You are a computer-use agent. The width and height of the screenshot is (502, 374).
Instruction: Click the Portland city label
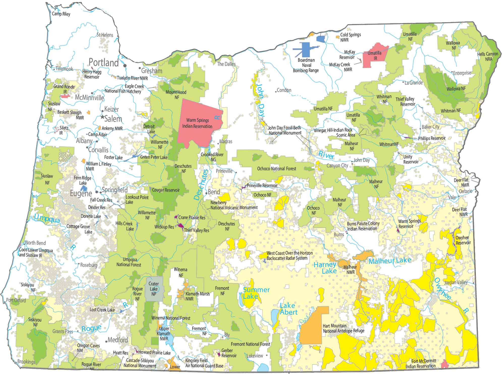tap(104, 63)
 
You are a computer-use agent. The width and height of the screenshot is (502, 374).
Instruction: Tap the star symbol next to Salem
tap(102, 117)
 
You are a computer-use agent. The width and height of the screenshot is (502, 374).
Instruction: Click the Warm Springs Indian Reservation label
tap(197, 123)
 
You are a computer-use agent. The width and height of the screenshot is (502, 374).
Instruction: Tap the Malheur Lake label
tap(390, 260)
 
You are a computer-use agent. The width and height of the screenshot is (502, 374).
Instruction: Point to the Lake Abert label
tap(288, 309)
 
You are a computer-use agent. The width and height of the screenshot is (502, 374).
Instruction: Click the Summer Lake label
tap(256, 293)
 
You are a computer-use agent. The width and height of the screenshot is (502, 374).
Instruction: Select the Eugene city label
tap(81, 194)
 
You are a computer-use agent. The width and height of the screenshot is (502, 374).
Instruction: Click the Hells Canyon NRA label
tap(488, 56)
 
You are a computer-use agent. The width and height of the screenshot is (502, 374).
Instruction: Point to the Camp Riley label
tap(61, 14)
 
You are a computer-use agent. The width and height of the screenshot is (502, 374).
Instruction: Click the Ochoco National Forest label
tap(277, 169)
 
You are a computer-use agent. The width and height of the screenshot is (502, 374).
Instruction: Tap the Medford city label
tap(118, 340)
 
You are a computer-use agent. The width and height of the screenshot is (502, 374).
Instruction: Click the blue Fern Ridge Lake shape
tap(84, 188)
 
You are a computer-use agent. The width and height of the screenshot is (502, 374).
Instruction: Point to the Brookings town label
tap(26, 362)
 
